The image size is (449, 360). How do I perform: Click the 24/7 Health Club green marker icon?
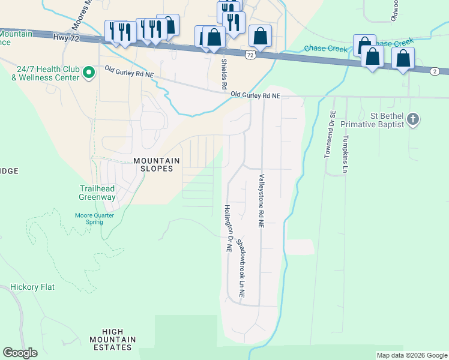pyautogui.click(x=89, y=73)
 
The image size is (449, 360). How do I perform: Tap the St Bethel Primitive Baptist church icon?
pyautogui.click(x=413, y=119)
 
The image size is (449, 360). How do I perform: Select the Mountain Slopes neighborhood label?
pyautogui.click(x=157, y=164)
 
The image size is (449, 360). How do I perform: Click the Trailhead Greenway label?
pyautogui.click(x=97, y=193)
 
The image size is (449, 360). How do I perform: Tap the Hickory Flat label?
pyautogui.click(x=32, y=287)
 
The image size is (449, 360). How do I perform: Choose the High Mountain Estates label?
pyautogui.click(x=113, y=340)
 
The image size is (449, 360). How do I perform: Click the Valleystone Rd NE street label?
pyautogui.click(x=262, y=200)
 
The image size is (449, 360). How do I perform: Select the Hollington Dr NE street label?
pyautogui.click(x=228, y=230)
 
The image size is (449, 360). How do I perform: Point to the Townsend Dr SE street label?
pyautogui.click(x=329, y=134)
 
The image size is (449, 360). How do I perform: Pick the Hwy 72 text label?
pyautogui.click(x=66, y=37)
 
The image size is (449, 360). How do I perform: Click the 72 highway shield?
pyautogui.click(x=250, y=55)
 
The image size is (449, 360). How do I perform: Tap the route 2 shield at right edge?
pyautogui.click(x=433, y=71)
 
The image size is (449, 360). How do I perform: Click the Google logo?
pyautogui.click(x=20, y=353)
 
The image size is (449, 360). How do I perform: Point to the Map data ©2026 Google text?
pyautogui.click(x=412, y=355)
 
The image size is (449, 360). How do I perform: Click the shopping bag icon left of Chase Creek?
pyautogui.click(x=260, y=36)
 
